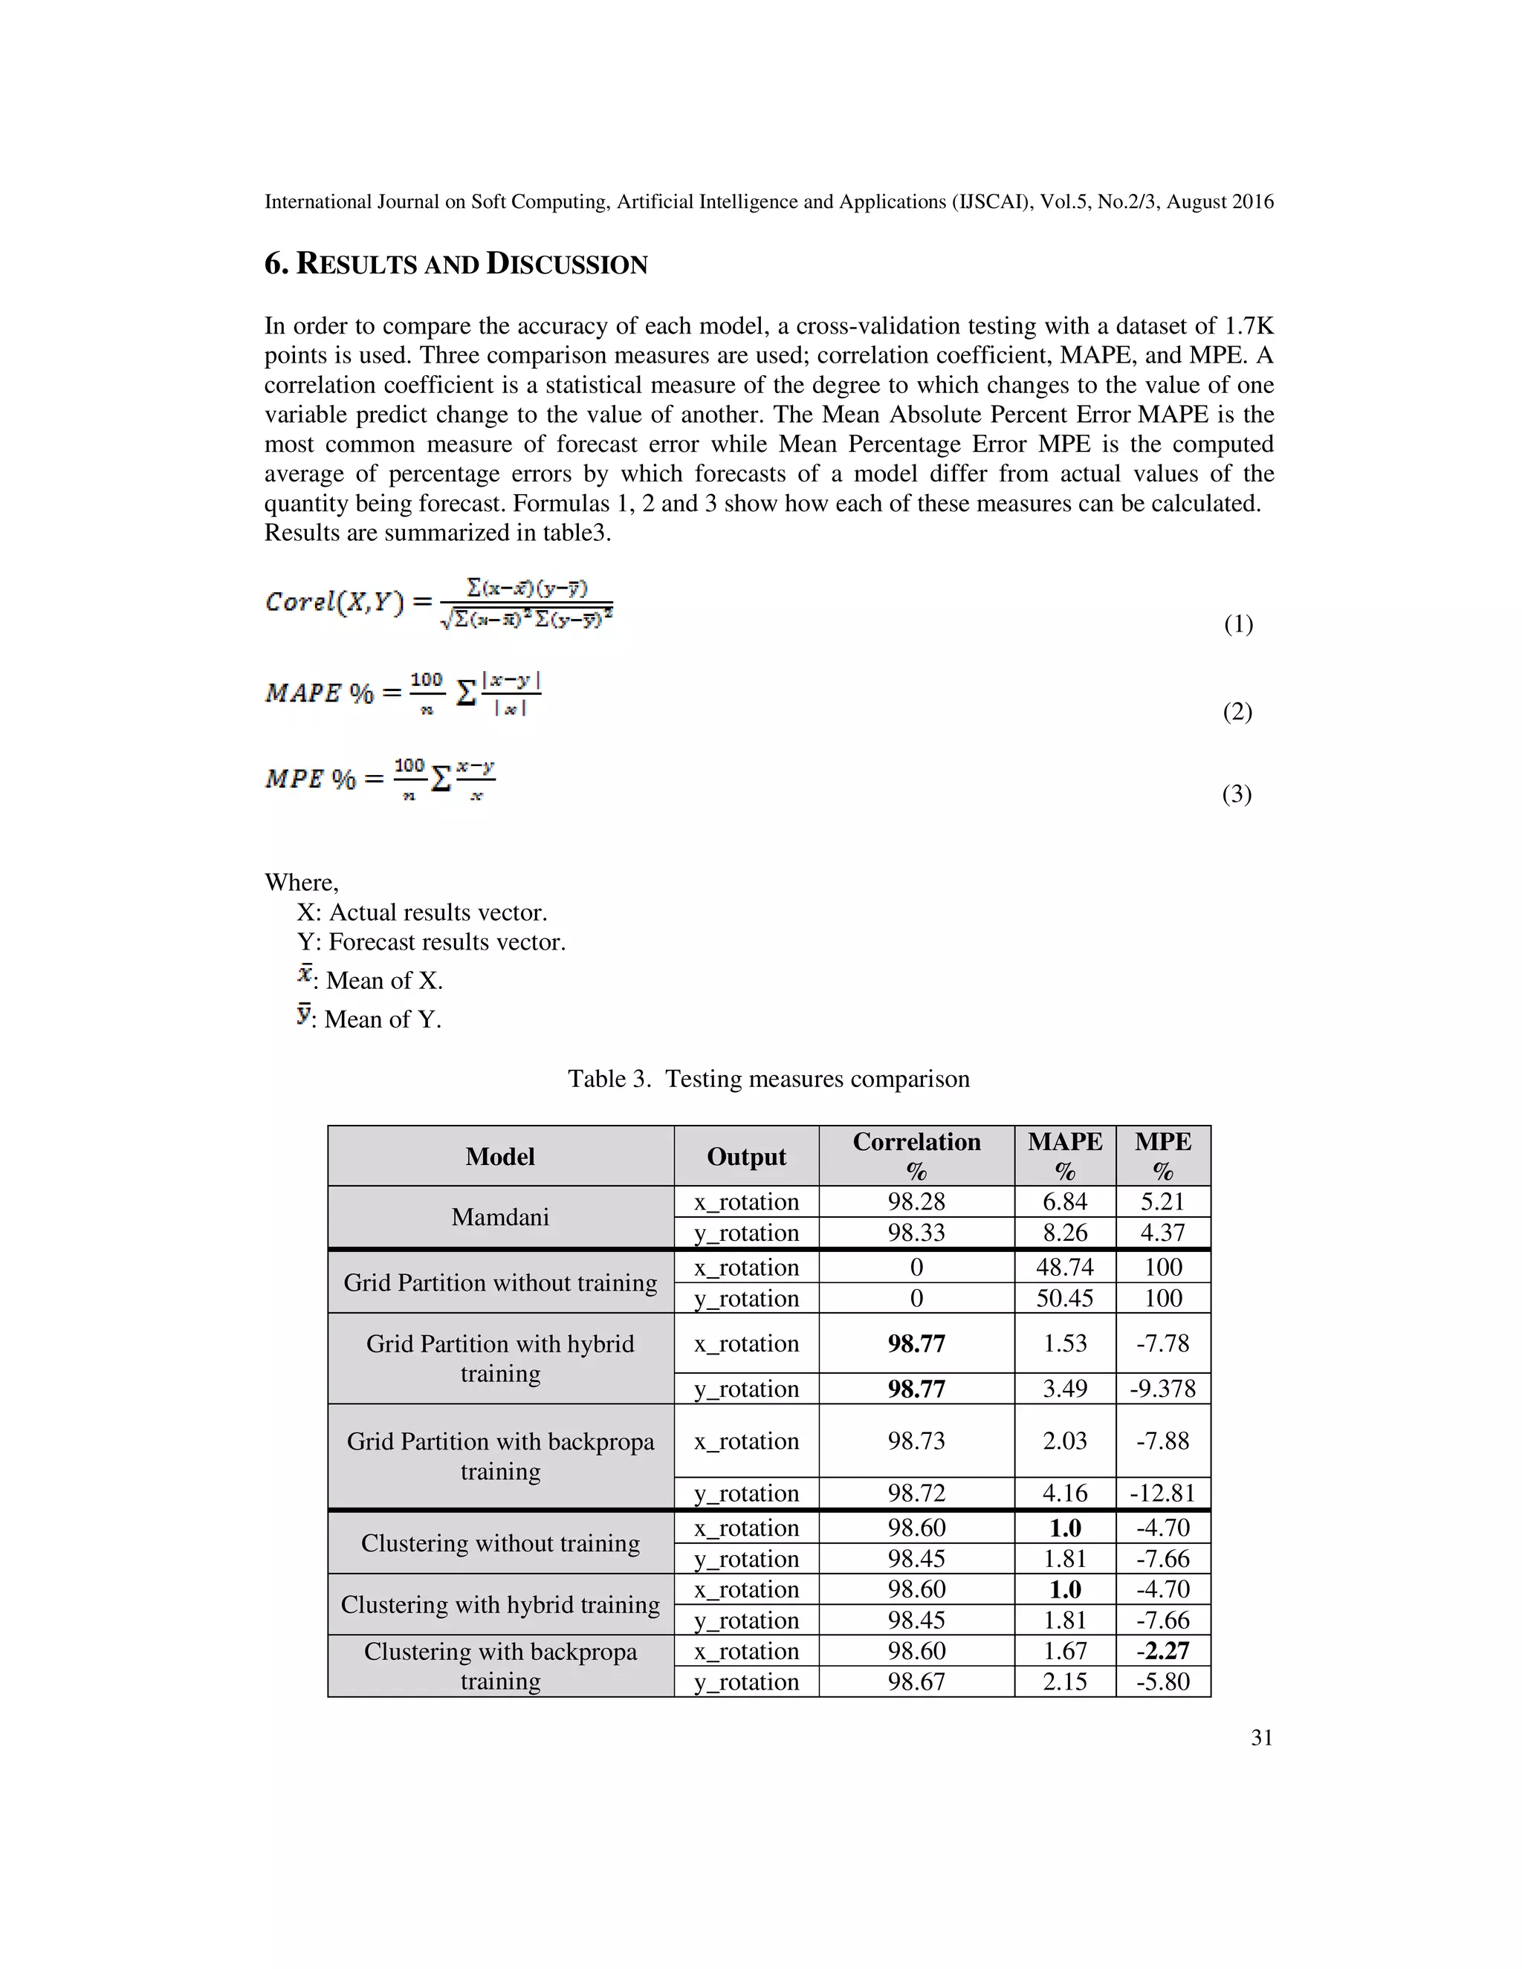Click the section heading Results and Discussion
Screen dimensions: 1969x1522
(x=456, y=265)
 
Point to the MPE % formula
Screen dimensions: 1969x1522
(x=380, y=779)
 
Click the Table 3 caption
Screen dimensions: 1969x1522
(x=768, y=1079)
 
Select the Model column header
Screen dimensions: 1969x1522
(x=500, y=1157)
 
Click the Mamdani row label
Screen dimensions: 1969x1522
(x=500, y=1217)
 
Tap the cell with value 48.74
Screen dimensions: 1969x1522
(x=1064, y=1267)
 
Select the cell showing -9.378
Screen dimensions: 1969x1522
(x=1162, y=1389)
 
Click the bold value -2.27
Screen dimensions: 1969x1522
(x=1162, y=1651)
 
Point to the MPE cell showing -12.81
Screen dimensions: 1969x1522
(x=1162, y=1493)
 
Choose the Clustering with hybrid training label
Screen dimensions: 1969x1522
(x=500, y=1605)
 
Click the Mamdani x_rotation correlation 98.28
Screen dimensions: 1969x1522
(x=916, y=1201)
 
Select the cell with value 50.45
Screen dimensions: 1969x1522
(x=1064, y=1298)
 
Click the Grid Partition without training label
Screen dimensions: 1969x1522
(x=500, y=1283)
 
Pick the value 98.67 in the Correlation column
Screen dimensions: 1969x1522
(x=916, y=1681)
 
